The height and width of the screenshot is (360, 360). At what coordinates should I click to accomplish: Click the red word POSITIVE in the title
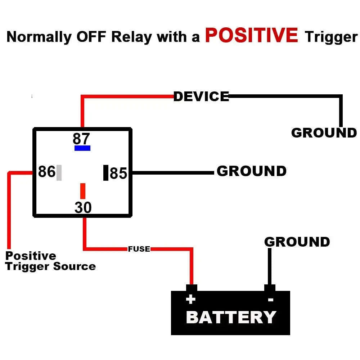point(251,35)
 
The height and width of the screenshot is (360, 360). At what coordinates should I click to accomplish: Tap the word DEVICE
point(201,96)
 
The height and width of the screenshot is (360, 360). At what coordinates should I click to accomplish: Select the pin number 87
point(81,139)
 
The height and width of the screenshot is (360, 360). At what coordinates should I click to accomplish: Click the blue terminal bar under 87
point(82,148)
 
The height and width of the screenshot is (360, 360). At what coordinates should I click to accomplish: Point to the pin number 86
point(47,172)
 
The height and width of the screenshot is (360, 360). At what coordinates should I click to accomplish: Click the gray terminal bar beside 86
point(59,172)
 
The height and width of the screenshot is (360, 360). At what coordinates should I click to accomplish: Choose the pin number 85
point(118,174)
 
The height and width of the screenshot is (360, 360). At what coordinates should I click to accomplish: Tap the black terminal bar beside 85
point(106,172)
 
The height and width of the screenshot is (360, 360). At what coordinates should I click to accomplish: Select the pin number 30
point(83,208)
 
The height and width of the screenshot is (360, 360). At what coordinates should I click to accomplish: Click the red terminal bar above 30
point(83,191)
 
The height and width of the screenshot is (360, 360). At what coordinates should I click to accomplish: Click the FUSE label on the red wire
point(139,249)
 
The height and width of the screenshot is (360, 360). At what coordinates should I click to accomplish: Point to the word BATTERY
point(231,318)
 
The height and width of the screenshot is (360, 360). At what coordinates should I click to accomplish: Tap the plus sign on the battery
point(190,300)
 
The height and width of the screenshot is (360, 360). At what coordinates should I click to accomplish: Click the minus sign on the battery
point(271,300)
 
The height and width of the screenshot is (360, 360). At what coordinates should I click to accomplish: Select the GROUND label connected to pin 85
point(252,171)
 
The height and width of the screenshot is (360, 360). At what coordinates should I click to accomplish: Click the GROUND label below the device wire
point(324,133)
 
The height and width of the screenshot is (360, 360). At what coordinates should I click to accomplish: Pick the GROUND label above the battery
point(297,242)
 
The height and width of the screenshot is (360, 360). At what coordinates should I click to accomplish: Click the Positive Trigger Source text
point(50,261)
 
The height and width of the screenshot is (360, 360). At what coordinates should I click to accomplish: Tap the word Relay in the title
point(132,37)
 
